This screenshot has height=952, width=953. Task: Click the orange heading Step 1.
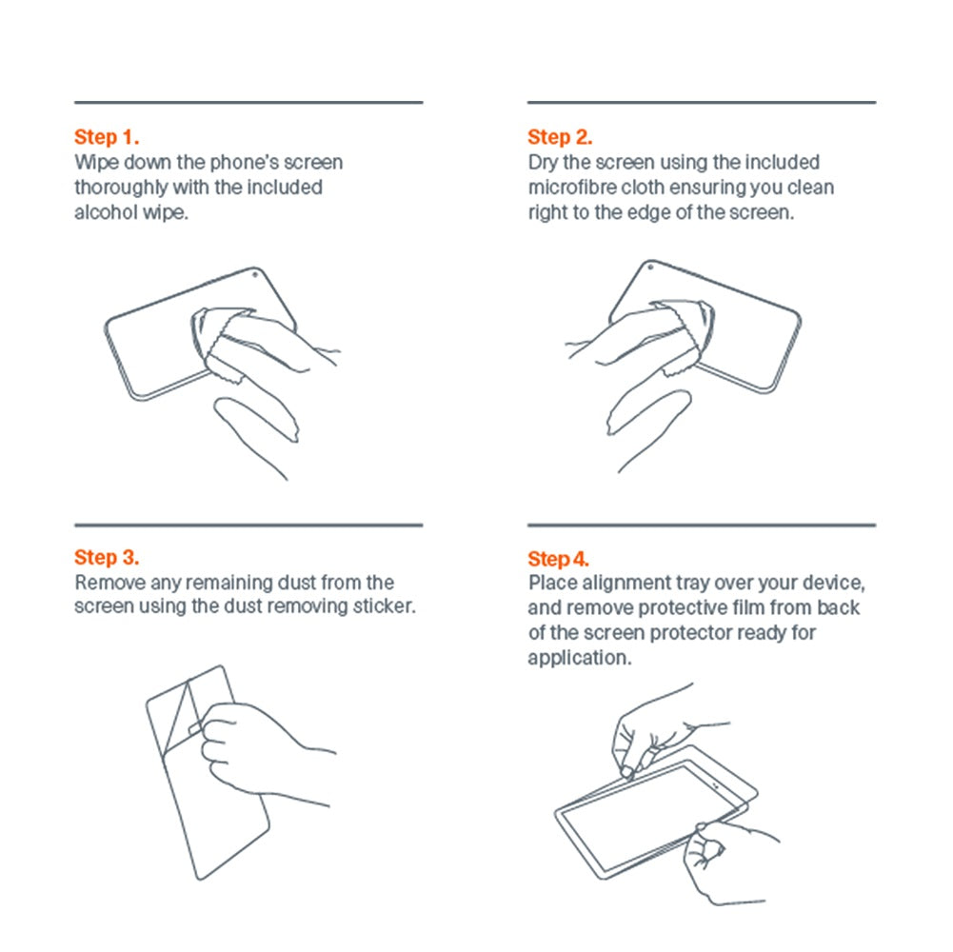(x=107, y=137)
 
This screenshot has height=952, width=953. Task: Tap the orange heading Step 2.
(x=560, y=137)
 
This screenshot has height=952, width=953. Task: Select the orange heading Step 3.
(x=107, y=558)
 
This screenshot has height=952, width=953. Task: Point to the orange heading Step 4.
(x=559, y=559)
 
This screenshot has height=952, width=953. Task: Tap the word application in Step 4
(x=579, y=659)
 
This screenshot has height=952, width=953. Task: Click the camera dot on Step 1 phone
(x=254, y=275)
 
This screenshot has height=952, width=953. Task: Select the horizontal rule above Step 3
(x=248, y=525)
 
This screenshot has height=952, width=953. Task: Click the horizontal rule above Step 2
(x=702, y=102)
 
